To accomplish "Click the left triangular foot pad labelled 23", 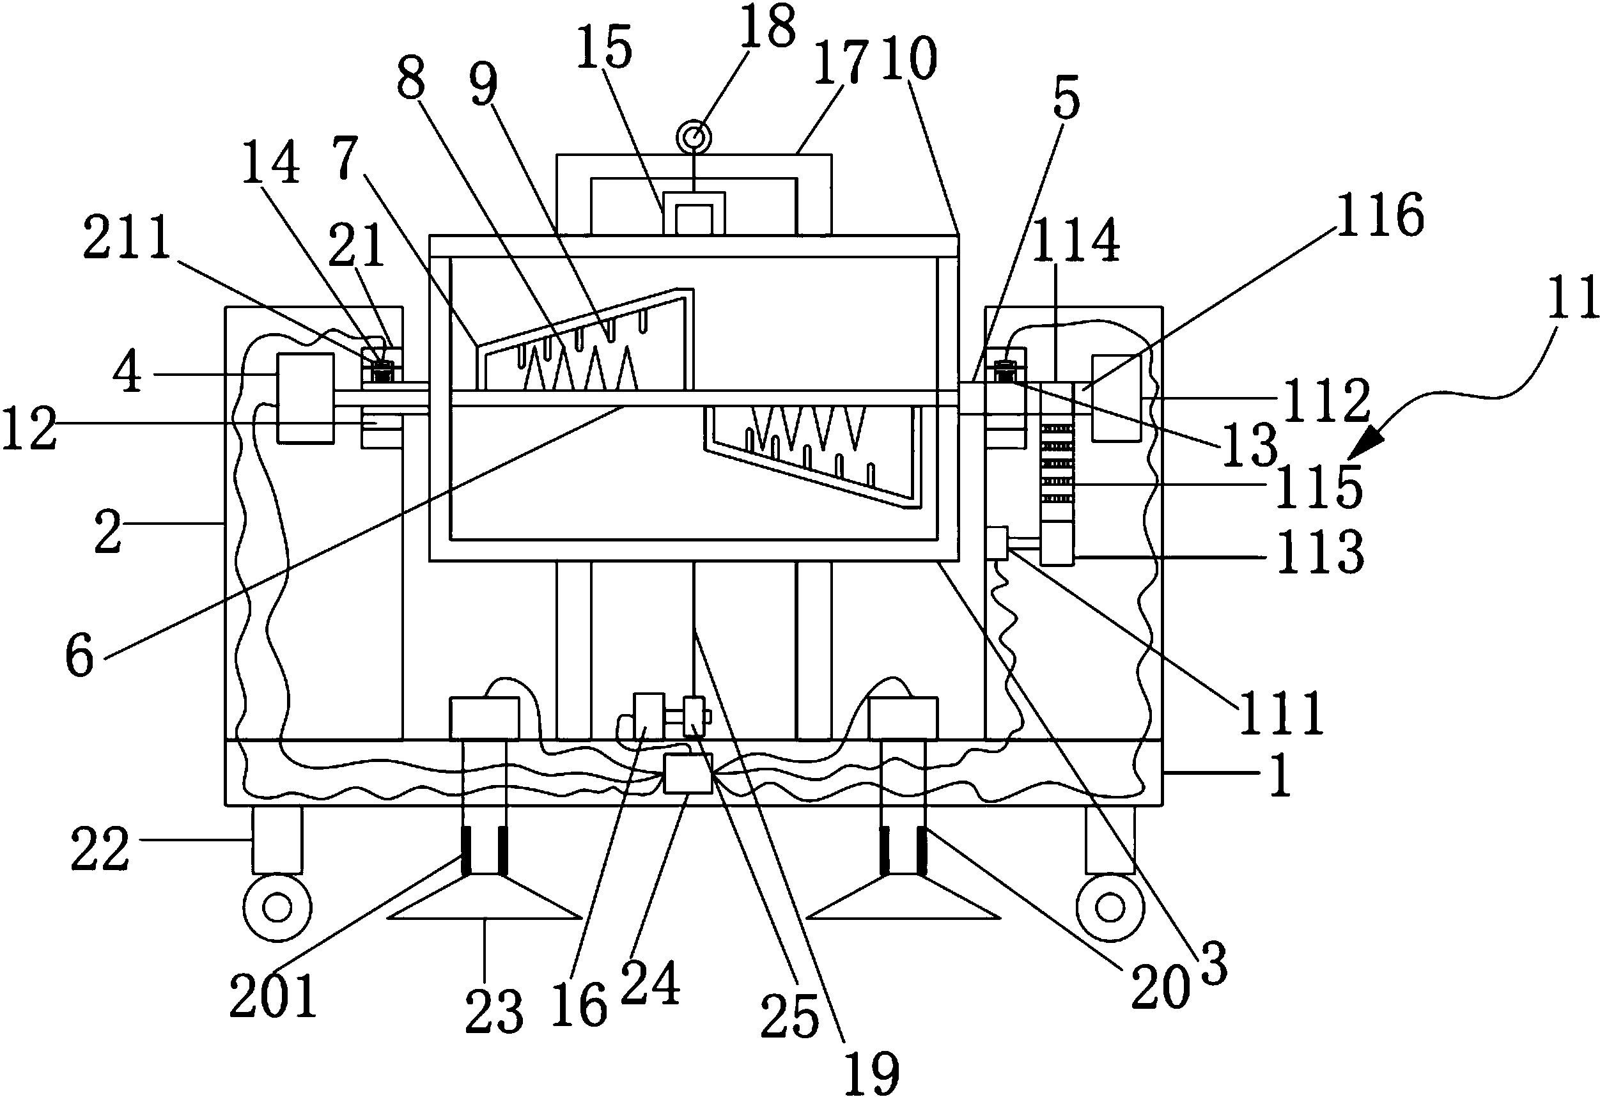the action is pos(485,896).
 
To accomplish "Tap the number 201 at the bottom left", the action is pos(274,996).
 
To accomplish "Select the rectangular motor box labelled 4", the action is pos(305,398).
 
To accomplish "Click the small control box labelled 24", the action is pos(688,774).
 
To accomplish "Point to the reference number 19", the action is pos(873,1071).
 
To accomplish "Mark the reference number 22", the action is pos(100,848).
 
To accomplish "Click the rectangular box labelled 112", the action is pos(1116,398).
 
